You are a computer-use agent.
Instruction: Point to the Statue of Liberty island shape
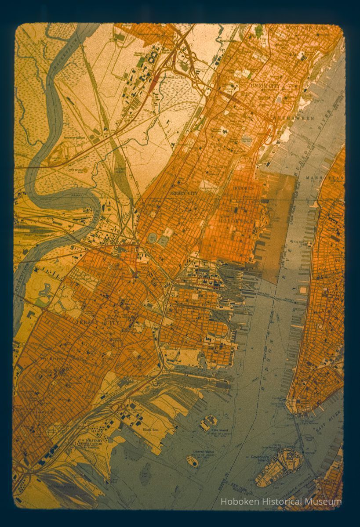pyautogui.click(x=192, y=461)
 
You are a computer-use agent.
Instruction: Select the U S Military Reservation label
pyautogui.click(x=90, y=442)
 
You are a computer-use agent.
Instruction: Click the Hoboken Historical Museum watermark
pyautogui.click(x=281, y=502)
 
